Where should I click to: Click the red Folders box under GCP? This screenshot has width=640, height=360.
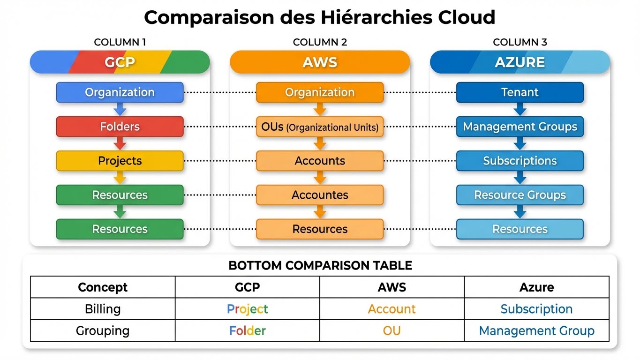click(120, 127)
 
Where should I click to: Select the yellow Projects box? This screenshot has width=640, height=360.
click(120, 161)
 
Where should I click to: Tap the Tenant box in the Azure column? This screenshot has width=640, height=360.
click(520, 92)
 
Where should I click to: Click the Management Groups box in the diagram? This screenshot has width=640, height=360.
click(520, 127)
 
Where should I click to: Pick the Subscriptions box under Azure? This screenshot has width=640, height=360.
click(520, 161)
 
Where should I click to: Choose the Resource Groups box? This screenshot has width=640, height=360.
click(520, 195)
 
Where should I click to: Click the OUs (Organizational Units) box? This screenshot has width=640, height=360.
click(320, 127)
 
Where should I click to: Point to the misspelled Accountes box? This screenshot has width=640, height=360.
click(320, 195)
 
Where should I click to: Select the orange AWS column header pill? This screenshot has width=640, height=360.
click(320, 62)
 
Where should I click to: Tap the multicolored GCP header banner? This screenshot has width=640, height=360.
click(120, 62)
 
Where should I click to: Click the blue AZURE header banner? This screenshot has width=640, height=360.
click(520, 62)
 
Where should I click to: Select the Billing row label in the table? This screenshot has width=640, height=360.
click(103, 309)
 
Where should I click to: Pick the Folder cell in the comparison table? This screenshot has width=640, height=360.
click(247, 330)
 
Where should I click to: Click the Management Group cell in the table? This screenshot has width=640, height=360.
click(536, 330)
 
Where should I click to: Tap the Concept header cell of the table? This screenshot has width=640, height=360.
click(103, 287)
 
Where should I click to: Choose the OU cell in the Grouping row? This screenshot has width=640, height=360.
click(392, 330)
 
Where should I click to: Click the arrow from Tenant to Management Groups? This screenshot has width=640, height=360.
click(520, 110)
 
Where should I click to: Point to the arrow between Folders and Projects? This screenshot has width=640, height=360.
click(120, 143)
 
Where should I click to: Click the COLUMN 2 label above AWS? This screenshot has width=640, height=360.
click(320, 42)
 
